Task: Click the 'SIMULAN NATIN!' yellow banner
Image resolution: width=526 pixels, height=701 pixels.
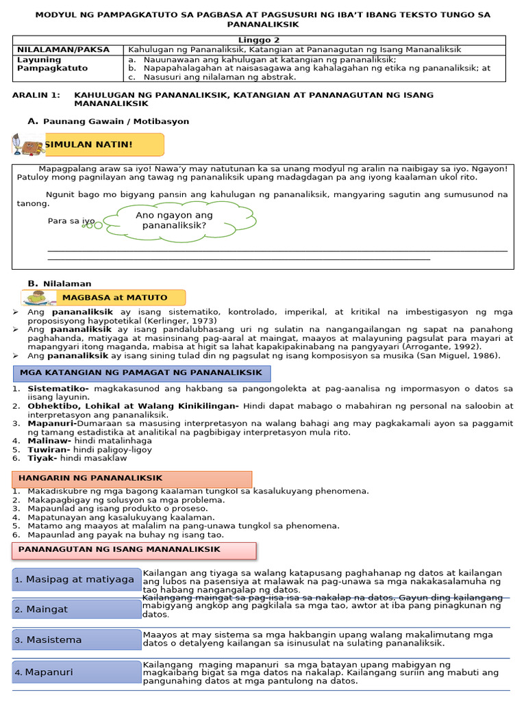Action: tap(103, 144)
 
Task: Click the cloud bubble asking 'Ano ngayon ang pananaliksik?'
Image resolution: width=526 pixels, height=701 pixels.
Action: tap(174, 220)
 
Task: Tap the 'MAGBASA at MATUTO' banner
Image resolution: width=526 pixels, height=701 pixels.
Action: tap(114, 298)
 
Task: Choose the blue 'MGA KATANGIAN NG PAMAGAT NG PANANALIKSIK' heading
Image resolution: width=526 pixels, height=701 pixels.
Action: tap(142, 373)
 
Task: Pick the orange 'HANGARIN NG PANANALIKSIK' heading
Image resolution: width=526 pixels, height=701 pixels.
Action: tap(132, 479)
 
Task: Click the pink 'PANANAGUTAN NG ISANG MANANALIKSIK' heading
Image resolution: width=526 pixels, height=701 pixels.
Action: tap(134, 550)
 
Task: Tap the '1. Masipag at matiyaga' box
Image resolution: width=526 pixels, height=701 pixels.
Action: tap(75, 580)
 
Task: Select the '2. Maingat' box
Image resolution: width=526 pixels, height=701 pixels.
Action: tap(75, 609)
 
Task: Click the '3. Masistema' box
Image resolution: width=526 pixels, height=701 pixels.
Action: tap(75, 640)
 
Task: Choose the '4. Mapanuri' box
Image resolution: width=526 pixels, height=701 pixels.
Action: tap(75, 672)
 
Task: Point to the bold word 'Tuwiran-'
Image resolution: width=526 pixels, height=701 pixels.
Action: tap(49, 450)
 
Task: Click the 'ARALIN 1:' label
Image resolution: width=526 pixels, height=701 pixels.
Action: tap(36, 94)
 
